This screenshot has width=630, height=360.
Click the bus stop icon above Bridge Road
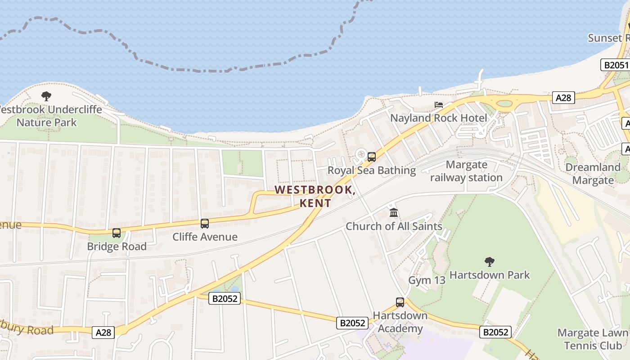tap(117, 233)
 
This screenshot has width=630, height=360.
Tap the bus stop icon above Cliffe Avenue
tap(205, 224)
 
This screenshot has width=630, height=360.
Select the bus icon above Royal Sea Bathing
tap(372, 157)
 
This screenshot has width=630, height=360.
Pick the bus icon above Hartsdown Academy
tap(400, 302)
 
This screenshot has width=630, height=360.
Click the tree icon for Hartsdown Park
tap(490, 261)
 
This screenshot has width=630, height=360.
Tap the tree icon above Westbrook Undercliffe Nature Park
tap(46, 96)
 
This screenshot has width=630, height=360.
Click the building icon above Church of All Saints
tap(394, 212)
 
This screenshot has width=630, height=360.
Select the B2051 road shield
tap(616, 65)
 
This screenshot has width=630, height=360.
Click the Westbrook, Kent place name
tap(315, 197)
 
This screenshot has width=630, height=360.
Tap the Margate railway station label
tap(467, 171)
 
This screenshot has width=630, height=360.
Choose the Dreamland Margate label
tap(593, 174)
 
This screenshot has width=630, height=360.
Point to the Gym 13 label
tap(427, 280)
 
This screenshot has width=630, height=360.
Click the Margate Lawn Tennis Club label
tap(592, 339)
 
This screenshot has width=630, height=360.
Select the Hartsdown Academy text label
tap(400, 322)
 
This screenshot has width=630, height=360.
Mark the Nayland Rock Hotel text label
tap(439, 118)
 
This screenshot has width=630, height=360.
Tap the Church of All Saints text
tap(394, 226)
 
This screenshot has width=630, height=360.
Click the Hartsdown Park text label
tap(490, 275)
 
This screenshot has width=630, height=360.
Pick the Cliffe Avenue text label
tap(205, 237)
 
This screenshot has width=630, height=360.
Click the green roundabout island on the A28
tap(504, 103)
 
